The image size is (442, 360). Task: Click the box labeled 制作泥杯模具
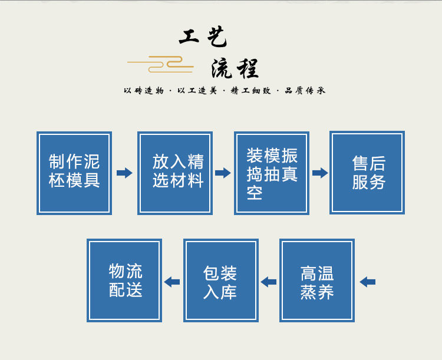(x=74, y=173)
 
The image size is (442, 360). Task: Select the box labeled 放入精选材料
(x=175, y=173)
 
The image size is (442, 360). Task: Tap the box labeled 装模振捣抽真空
(x=272, y=173)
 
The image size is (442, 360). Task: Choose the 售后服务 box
(x=367, y=173)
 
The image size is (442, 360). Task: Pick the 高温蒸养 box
(x=317, y=280)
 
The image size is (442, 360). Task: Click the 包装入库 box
(x=221, y=280)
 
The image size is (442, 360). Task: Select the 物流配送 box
(x=124, y=280)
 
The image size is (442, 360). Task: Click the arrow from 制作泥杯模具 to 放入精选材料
(x=124, y=173)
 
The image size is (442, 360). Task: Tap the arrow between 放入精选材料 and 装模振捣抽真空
(x=223, y=173)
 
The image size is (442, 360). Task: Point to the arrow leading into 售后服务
(x=319, y=173)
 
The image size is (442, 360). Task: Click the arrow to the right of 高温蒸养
(x=367, y=282)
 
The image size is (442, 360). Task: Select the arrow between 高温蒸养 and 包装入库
(x=269, y=282)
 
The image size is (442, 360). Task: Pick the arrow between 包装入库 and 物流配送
(x=172, y=282)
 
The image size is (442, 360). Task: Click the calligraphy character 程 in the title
(x=248, y=70)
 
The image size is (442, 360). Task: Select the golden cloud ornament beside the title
(x=160, y=63)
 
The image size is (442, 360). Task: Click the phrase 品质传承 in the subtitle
(x=305, y=91)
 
